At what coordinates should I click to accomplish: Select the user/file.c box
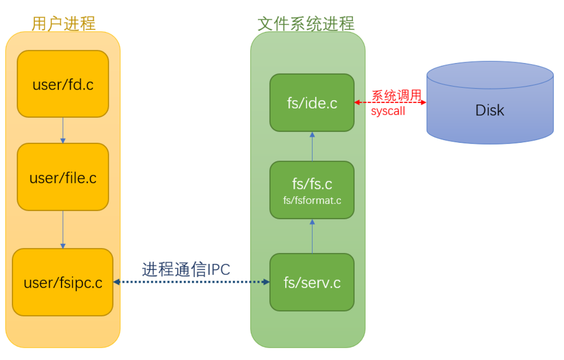(x=63, y=177)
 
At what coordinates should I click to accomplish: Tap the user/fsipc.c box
(x=63, y=282)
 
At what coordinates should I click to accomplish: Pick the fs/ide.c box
(x=312, y=103)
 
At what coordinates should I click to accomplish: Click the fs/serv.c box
(x=312, y=282)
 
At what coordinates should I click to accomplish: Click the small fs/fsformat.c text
(x=312, y=200)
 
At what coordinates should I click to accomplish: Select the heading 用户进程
(x=64, y=23)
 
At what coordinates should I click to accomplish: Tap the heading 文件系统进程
(x=306, y=23)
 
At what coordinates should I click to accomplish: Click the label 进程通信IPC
(x=186, y=269)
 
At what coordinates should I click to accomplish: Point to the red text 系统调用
(x=396, y=96)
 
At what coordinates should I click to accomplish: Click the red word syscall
(x=388, y=111)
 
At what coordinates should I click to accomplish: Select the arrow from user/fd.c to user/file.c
(x=63, y=130)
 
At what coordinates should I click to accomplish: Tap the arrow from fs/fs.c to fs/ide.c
(x=312, y=146)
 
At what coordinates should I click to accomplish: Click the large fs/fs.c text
(x=312, y=184)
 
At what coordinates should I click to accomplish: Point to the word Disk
(x=490, y=110)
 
